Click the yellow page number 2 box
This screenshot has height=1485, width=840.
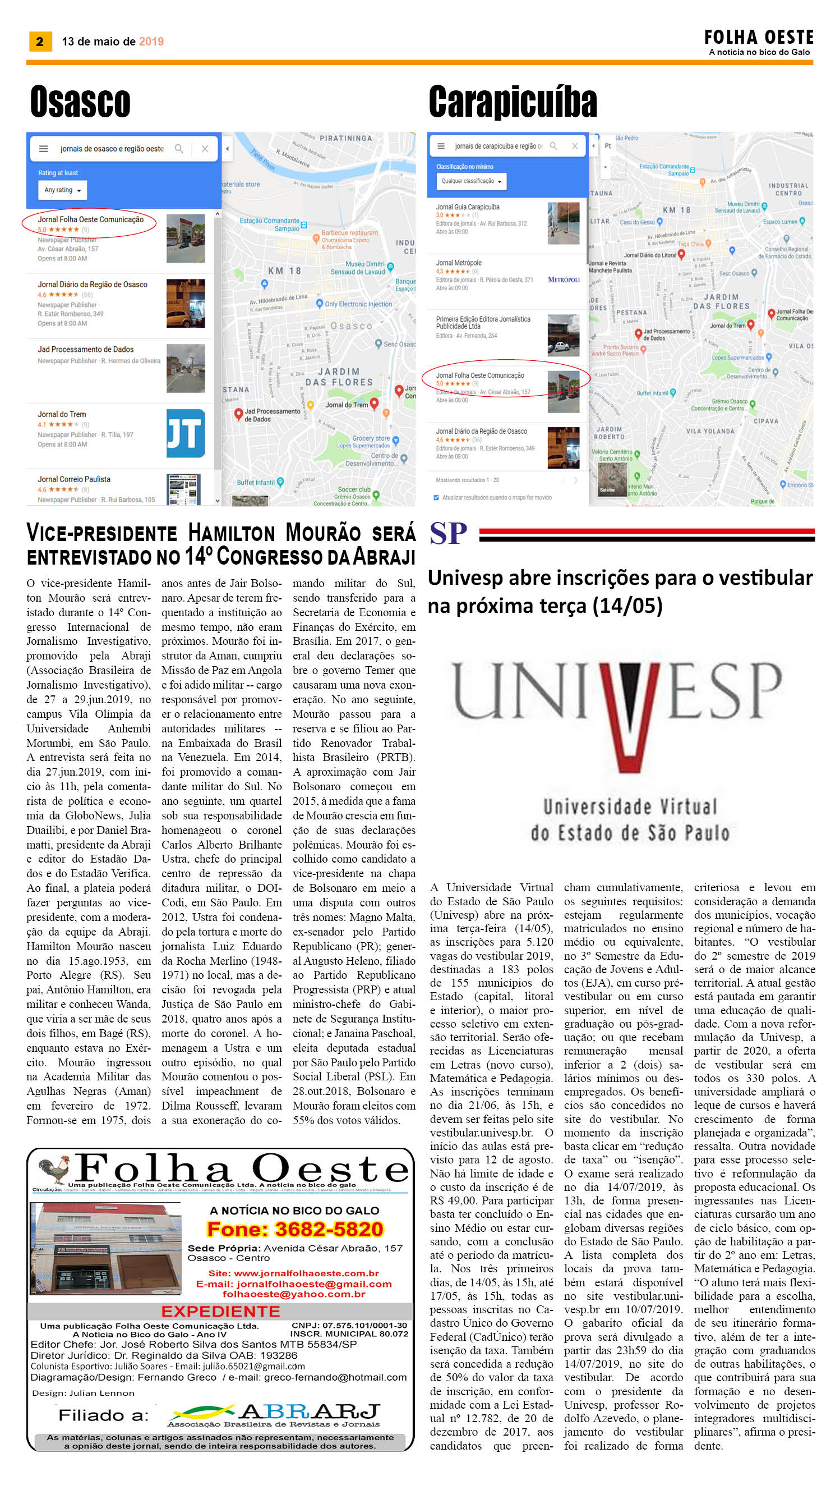tap(40, 42)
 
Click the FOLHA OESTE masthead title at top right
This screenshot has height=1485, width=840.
tap(758, 38)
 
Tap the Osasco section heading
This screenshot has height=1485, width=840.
tap(80, 102)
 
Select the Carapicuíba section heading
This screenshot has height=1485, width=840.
tap(513, 102)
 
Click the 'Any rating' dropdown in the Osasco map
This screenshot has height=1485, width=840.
tap(62, 190)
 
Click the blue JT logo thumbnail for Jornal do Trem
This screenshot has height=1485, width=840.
tap(185, 433)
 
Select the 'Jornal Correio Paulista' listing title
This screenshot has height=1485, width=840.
tap(74, 479)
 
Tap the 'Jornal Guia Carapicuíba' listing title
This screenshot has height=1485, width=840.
tap(467, 207)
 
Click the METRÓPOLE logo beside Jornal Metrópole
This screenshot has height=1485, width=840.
tap(563, 279)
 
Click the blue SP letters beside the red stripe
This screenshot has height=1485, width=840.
tap(448, 534)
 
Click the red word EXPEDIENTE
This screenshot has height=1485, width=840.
tap(220, 1311)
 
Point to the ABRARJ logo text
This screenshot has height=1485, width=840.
tap(309, 1411)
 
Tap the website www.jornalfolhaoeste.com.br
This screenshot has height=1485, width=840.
tap(306, 1273)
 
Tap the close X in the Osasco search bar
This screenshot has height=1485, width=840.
tap(205, 149)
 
